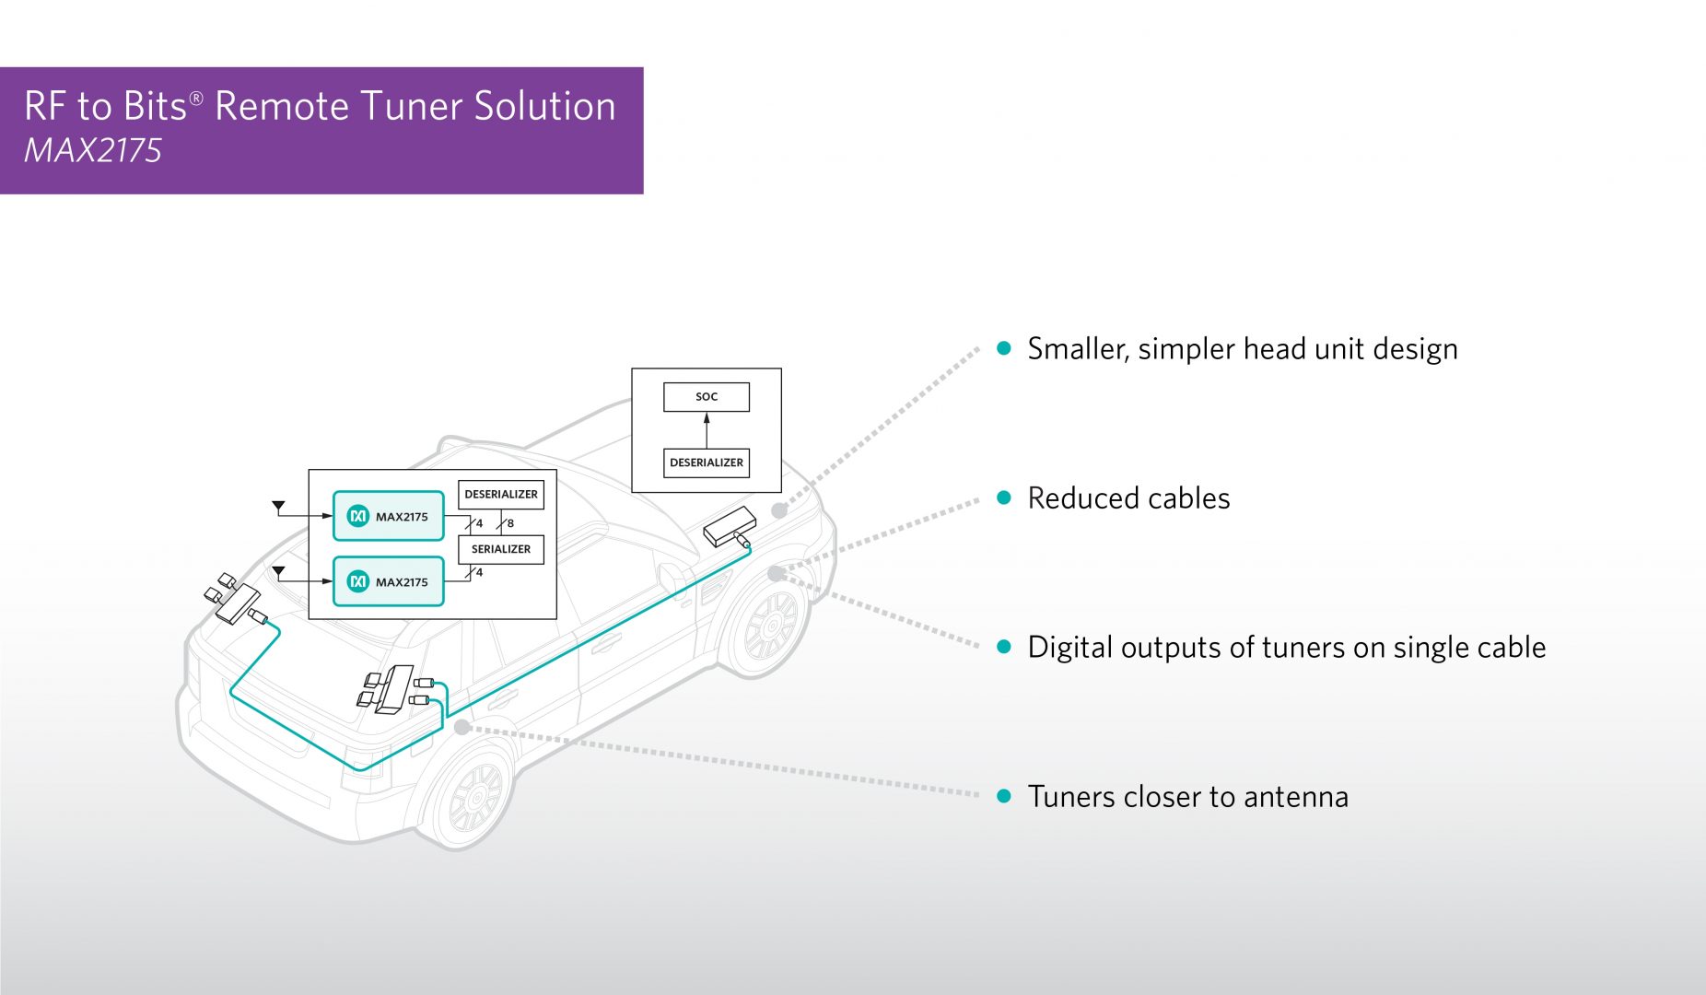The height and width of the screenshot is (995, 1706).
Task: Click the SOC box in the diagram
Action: tap(707, 397)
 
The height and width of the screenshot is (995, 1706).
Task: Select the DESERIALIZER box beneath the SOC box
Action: tap(707, 462)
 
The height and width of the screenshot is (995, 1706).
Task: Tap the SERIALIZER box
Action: tap(501, 549)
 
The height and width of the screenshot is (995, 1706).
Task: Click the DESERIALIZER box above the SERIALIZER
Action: tap(501, 495)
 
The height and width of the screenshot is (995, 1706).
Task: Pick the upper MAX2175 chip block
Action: tap(388, 516)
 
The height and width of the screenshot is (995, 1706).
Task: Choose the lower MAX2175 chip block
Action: tap(388, 581)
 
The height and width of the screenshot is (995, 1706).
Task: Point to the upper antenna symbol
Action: tap(278, 507)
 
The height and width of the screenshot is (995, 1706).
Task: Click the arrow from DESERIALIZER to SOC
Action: tap(707, 429)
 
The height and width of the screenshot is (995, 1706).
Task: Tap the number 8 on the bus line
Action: tap(510, 523)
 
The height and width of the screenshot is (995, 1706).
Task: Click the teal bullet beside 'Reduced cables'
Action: tap(1004, 498)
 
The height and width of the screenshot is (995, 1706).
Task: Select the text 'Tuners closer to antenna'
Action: tap(1187, 797)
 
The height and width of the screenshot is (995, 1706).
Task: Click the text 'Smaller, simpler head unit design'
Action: tap(1242, 349)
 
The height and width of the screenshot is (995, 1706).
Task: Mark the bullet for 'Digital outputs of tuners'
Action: tap(1004, 648)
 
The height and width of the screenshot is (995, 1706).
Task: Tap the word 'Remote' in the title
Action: tap(280, 107)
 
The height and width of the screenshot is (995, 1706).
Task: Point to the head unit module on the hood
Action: tap(729, 526)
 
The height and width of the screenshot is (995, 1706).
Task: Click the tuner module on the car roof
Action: tap(236, 601)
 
